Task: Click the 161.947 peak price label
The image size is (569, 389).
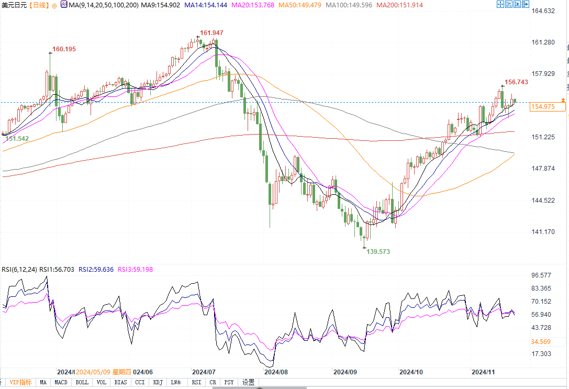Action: click(211, 33)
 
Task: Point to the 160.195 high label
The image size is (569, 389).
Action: click(64, 49)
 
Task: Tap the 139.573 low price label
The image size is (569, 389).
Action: click(377, 252)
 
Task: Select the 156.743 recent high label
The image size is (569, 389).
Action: click(516, 82)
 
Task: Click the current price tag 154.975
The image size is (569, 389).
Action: click(542, 107)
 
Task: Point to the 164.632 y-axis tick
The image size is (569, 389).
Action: click(542, 10)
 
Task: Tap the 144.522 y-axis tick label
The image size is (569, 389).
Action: click(542, 201)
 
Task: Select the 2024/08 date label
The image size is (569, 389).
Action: click(276, 372)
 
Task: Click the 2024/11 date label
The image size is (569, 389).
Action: click(483, 372)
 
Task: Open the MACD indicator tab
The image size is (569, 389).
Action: click(61, 383)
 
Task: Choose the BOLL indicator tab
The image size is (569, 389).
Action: click(82, 383)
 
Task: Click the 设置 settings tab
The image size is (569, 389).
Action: click(248, 383)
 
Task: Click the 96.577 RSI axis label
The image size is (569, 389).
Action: click(542, 275)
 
